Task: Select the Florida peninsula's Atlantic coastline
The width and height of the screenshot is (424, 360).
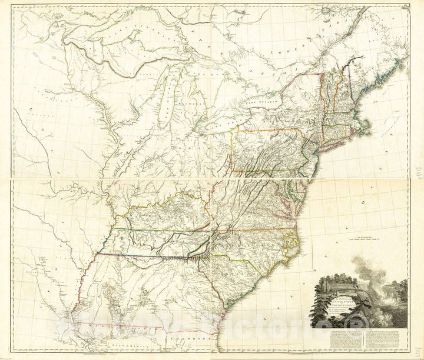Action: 221,344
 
